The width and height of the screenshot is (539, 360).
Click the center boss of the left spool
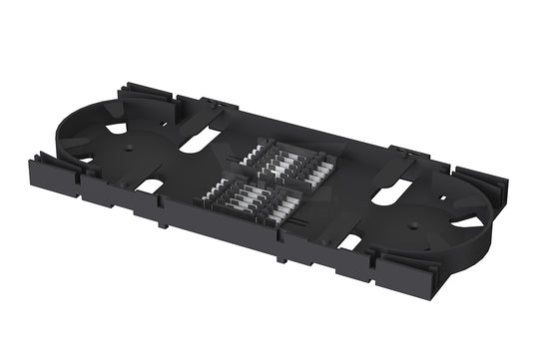pyautogui.click(x=130, y=146)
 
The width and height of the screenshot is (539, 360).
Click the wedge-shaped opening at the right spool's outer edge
pyautogui.click(x=470, y=223)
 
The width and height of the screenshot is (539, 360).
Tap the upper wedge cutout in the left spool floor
pyautogui.click(x=117, y=128)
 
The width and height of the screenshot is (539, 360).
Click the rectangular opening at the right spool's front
pyautogui.click(x=350, y=242)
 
